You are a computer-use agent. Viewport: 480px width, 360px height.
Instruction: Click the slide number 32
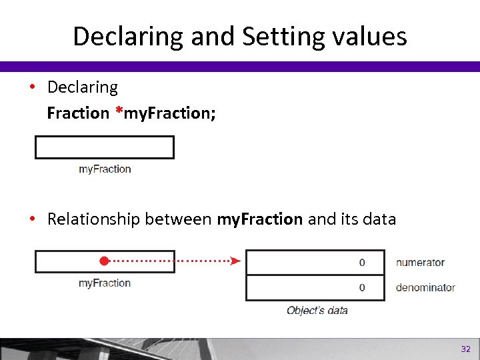pos(465,349)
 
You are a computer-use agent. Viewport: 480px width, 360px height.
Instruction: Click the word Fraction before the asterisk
pos(77,113)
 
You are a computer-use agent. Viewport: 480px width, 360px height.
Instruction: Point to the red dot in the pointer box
pos(103,261)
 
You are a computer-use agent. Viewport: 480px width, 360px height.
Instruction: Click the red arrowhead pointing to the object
pos(235,261)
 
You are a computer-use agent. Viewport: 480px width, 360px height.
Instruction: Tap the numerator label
pos(420,263)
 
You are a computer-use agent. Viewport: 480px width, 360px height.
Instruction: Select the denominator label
pos(425,287)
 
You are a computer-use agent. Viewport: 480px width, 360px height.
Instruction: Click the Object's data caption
pos(317,310)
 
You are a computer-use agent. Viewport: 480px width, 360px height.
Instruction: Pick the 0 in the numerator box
pos(362,263)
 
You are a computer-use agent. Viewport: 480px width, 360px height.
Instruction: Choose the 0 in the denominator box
pos(362,287)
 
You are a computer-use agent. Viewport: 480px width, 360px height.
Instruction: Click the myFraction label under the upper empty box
pos(105,169)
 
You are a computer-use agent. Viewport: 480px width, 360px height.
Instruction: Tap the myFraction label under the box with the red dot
pos(105,283)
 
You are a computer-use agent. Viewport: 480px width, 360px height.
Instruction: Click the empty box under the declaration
pos(104,147)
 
